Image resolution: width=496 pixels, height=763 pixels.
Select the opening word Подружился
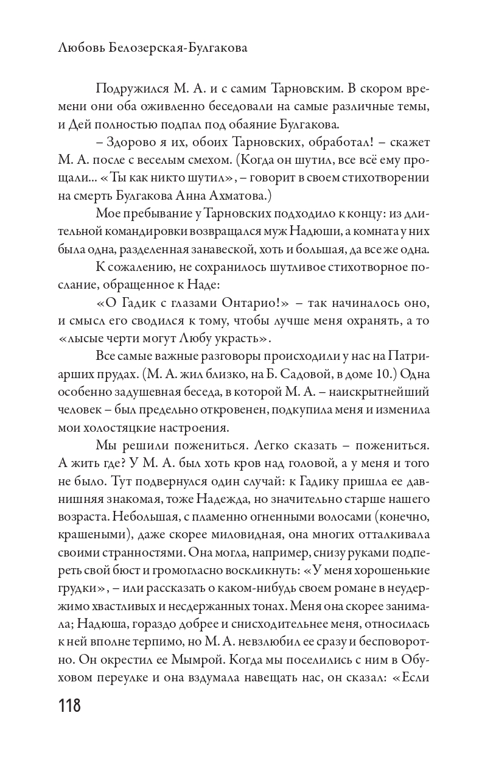131,90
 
